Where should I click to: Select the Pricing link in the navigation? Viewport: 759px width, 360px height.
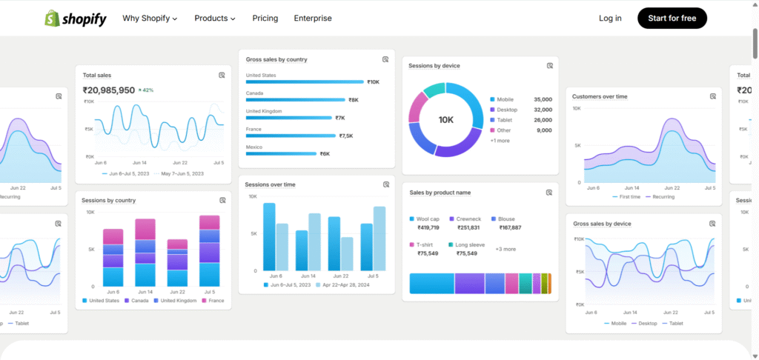tap(265, 19)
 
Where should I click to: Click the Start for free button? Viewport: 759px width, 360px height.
tap(672, 19)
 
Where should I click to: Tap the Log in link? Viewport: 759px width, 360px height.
tap(610, 19)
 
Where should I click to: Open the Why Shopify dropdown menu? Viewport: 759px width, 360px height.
tap(150, 19)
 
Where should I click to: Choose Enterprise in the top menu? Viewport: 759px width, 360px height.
tap(313, 19)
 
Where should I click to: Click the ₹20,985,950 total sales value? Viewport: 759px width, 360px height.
tap(109, 90)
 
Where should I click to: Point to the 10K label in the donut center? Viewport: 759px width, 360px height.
tap(445, 120)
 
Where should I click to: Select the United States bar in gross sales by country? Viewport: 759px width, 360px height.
tap(305, 82)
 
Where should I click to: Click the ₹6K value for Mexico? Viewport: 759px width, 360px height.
tap(325, 154)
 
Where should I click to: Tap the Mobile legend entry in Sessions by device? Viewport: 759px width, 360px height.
tap(505, 99)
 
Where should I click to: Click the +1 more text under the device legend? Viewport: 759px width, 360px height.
tap(500, 141)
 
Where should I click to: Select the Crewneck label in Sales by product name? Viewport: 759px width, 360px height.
tap(468, 219)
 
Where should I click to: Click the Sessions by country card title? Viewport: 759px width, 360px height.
tap(108, 201)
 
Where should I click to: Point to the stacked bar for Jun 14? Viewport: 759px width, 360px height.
tap(145, 253)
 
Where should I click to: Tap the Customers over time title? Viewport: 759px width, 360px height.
tap(600, 96)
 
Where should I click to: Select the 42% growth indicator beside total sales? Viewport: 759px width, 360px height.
tap(146, 90)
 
